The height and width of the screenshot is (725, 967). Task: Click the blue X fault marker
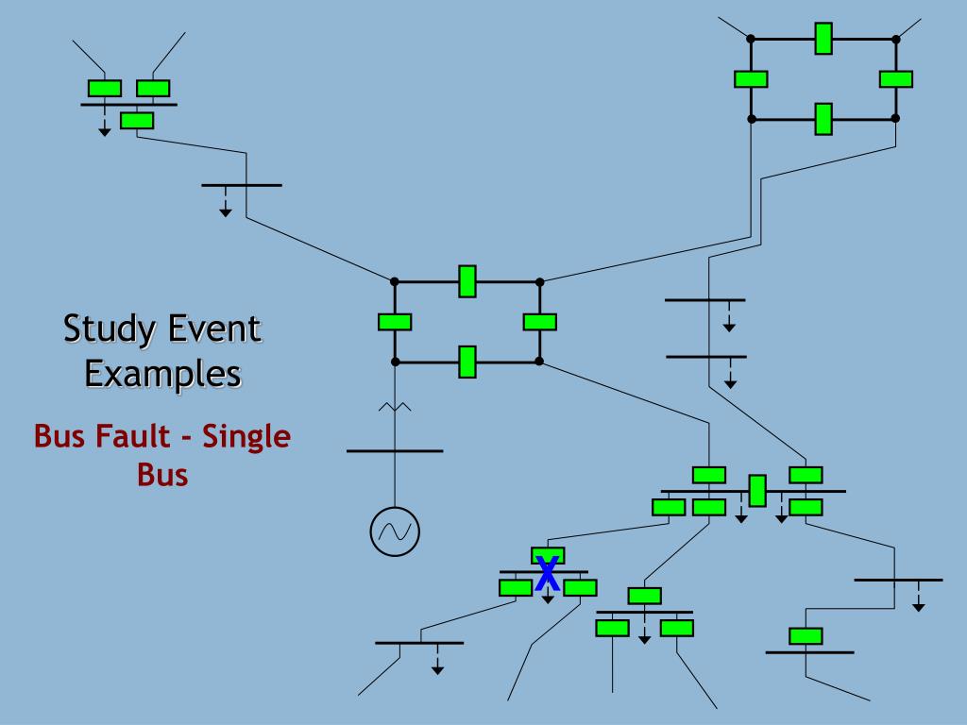(547, 573)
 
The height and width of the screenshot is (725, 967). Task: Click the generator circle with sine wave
(394, 531)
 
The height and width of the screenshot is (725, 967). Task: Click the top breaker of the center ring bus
(467, 281)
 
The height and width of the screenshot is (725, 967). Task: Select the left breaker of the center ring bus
(395, 322)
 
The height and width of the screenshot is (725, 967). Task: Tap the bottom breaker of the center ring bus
(467, 362)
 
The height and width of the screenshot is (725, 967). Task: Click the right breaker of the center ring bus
(539, 322)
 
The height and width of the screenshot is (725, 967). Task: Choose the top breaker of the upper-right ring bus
(823, 39)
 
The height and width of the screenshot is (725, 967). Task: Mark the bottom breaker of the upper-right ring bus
(823, 119)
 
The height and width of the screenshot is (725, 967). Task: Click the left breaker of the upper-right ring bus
(751, 79)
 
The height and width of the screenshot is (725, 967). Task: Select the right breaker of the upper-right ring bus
(895, 79)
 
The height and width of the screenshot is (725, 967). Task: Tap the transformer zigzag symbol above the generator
(394, 408)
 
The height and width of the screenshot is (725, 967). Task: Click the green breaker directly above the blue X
(548, 555)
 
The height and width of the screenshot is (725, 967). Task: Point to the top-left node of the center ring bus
(395, 281)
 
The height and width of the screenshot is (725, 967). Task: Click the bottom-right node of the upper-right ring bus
(895, 119)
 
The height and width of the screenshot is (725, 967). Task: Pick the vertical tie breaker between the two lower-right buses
(756, 491)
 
